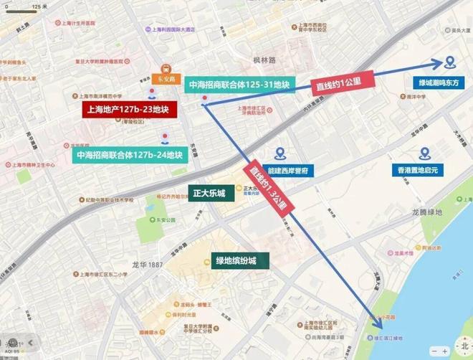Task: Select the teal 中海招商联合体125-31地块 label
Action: pos(239,85)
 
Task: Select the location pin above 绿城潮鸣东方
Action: pos(450,62)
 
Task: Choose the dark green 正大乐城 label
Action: pos(209,194)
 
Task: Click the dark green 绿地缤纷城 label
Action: pos(236,260)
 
